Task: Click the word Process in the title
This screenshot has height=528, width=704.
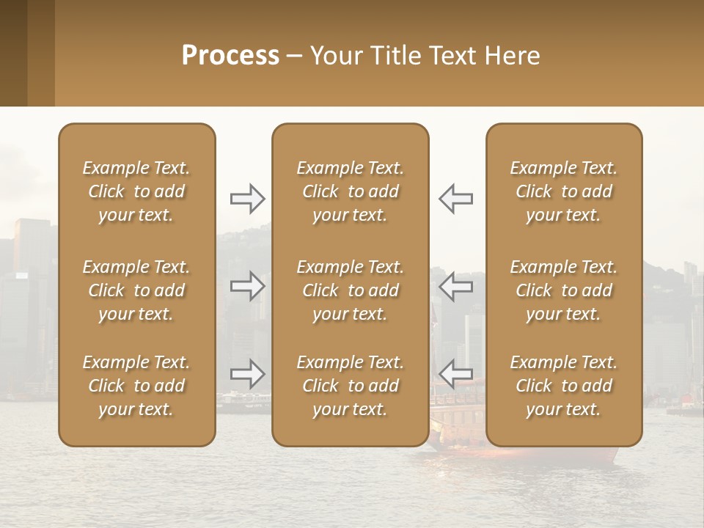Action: [230, 56]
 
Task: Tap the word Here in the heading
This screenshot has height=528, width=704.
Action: [512, 56]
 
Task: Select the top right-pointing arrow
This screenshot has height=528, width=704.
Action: [248, 198]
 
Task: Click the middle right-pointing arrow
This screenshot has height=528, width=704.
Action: [248, 286]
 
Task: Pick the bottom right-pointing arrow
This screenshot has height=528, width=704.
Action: [248, 374]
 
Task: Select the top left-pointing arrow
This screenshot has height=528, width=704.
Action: [455, 198]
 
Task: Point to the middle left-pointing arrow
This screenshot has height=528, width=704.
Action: [455, 286]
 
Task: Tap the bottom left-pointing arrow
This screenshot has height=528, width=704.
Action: [455, 374]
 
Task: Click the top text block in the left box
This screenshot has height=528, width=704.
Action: [136, 191]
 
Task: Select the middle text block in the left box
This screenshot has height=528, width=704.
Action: [136, 290]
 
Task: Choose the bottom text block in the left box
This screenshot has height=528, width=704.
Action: [136, 386]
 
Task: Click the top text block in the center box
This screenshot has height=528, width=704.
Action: [350, 191]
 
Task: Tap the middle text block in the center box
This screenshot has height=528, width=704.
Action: [350, 290]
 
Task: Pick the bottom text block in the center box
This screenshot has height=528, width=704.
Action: [350, 386]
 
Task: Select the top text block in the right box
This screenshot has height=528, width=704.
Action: [563, 191]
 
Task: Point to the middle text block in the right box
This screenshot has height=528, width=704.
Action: [563, 290]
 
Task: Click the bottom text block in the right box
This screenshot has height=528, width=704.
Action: [563, 386]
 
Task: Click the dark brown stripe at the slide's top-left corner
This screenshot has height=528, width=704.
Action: [13, 53]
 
